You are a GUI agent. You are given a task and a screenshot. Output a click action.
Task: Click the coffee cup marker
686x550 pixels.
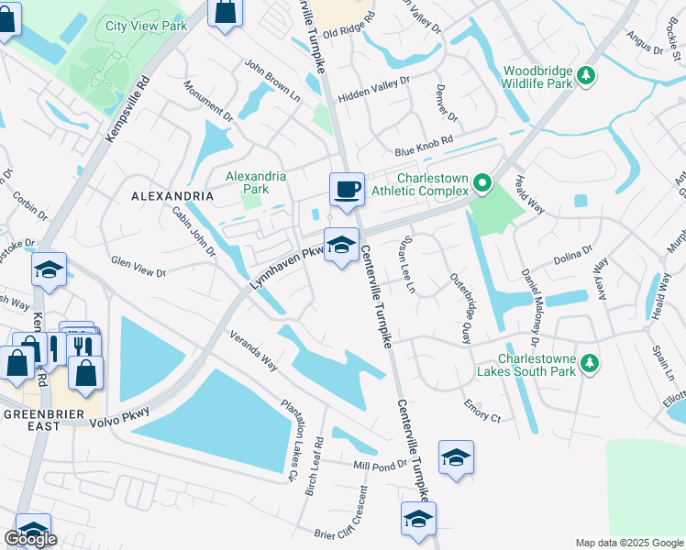click(x=347, y=189)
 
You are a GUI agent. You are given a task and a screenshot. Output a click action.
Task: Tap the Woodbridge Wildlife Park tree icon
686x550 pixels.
click(x=588, y=75)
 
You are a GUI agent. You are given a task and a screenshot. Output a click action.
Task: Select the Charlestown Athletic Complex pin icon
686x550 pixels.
click(x=481, y=186)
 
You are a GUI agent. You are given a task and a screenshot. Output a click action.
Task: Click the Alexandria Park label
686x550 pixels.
click(x=256, y=182)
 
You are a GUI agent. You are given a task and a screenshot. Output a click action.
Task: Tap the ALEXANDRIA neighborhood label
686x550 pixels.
click(x=172, y=196)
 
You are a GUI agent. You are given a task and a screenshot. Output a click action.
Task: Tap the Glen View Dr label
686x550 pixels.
click(x=138, y=273)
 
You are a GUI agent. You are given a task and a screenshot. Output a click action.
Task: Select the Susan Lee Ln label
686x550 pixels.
click(x=403, y=262)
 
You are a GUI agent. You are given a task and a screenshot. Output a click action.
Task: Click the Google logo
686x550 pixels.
click(x=30, y=539)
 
